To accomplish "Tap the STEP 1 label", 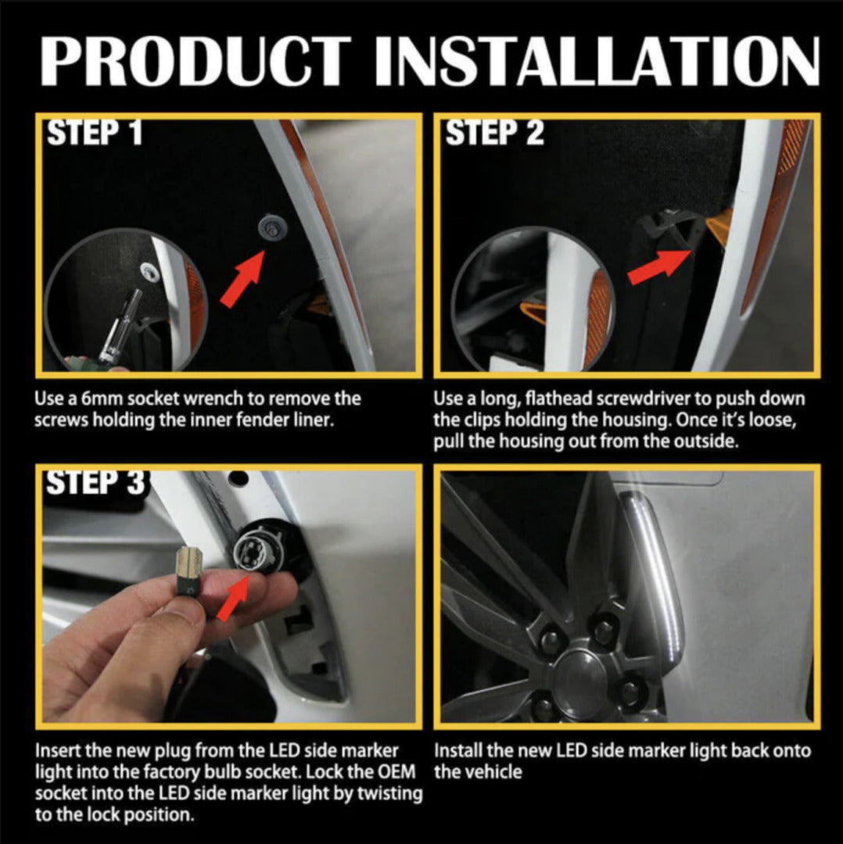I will (x=95, y=133).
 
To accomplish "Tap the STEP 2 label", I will (x=494, y=133).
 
